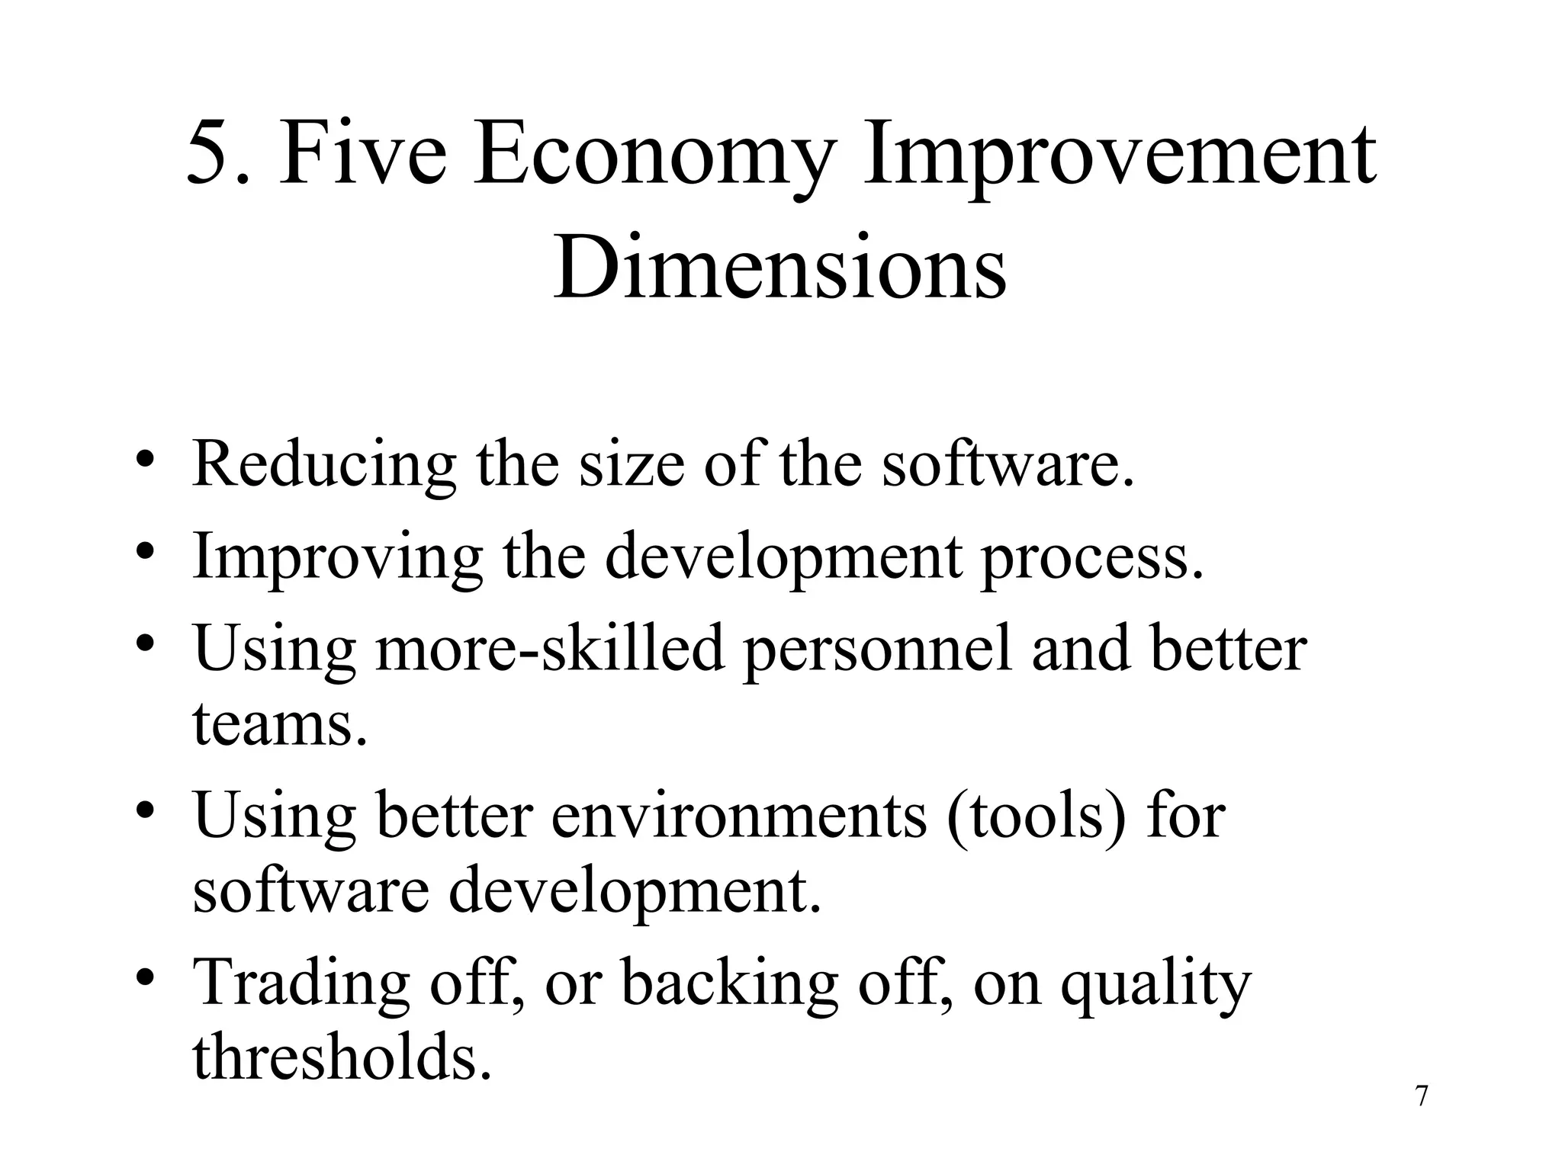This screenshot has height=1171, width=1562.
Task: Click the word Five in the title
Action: pyautogui.click(x=362, y=156)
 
